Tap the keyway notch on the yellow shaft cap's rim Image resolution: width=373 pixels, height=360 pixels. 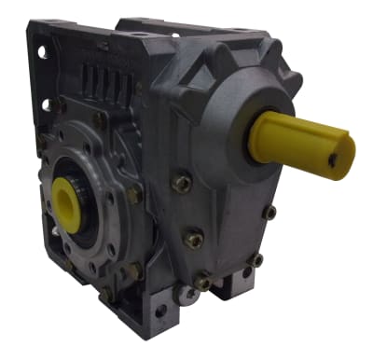[x=347, y=143]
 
